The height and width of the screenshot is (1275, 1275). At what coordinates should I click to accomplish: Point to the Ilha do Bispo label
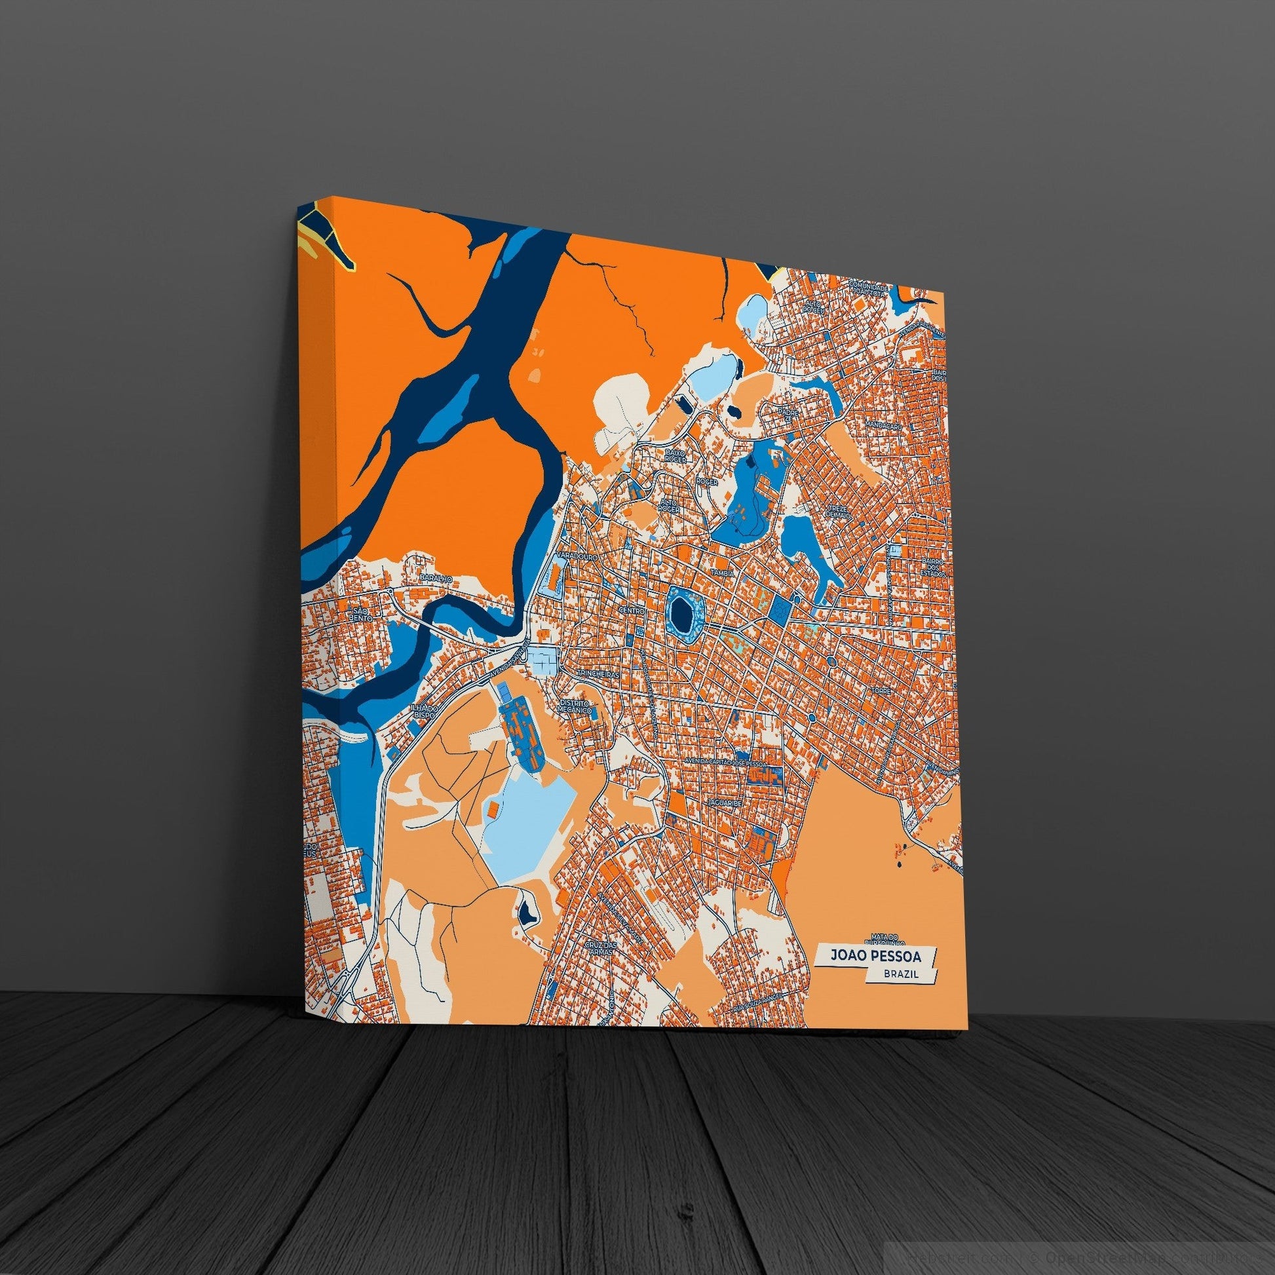click(x=423, y=712)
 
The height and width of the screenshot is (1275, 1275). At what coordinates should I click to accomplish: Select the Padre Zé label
click(x=789, y=414)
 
